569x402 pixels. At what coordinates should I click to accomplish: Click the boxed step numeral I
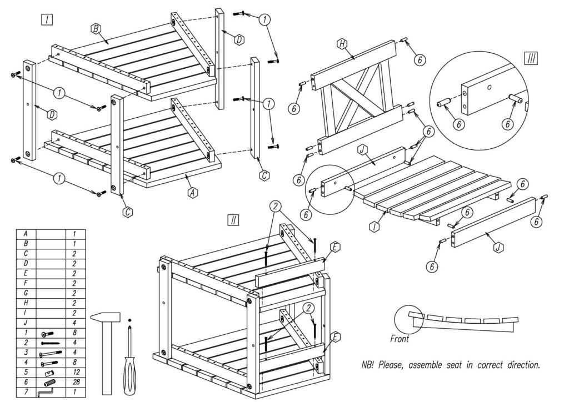pyautogui.click(x=47, y=20)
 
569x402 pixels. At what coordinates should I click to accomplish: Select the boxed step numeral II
pyautogui.click(x=233, y=220)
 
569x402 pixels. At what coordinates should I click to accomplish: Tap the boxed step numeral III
pyautogui.click(x=531, y=58)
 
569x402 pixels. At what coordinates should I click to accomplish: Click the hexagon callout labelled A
pyautogui.click(x=193, y=192)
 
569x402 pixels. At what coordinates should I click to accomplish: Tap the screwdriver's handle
pyautogui.click(x=129, y=378)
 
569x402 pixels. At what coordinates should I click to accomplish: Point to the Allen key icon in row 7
pyautogui.click(x=43, y=393)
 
